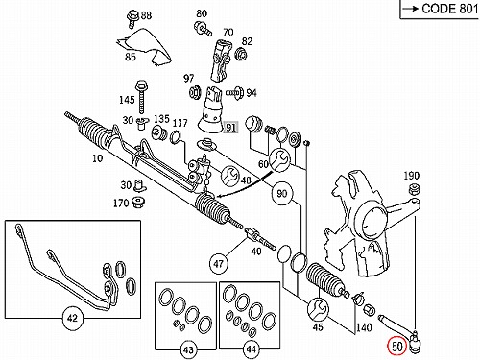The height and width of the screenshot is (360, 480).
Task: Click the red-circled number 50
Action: [x=396, y=347]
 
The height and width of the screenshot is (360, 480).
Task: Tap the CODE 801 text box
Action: [x=440, y=10]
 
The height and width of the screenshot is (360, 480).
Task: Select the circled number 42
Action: [x=73, y=318]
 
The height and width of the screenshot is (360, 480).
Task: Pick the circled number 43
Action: [x=188, y=349]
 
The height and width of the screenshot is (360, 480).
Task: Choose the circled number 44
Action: [x=252, y=349]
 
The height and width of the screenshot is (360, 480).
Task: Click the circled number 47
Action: [x=218, y=264]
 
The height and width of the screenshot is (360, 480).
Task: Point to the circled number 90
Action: [x=281, y=193]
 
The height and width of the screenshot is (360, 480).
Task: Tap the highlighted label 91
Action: [x=230, y=128]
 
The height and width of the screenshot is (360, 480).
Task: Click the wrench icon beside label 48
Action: [x=230, y=176]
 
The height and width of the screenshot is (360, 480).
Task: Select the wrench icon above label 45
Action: [x=317, y=309]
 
